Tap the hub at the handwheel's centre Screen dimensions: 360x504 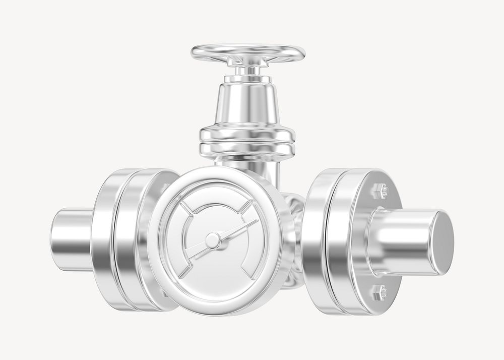[x=248, y=60]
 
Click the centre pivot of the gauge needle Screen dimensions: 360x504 [x=213, y=241]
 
